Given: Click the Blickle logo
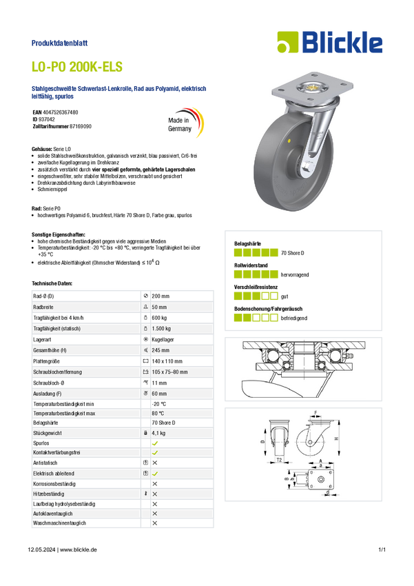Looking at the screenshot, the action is point(330,42).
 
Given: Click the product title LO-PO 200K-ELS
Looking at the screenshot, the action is point(77,66).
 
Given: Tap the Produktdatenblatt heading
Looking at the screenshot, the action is point(59,43).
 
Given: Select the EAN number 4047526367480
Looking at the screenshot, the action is point(61,112).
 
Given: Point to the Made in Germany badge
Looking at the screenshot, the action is point(185,123).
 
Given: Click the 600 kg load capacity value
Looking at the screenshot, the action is point(159,318).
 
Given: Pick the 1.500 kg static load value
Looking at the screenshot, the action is point(161,329).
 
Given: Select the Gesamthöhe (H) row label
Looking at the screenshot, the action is point(50,350).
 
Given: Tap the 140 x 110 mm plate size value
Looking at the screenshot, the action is point(167,361).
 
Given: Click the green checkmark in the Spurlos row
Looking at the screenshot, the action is point(155,443).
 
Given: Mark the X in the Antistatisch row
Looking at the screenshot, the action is point(155,463).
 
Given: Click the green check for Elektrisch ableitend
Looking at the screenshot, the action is point(155,474).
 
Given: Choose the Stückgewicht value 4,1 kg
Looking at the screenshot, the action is point(158,433).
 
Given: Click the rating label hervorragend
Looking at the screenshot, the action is point(295,274).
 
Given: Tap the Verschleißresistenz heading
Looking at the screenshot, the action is point(256,287).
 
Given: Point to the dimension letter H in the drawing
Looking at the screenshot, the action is point(337,438).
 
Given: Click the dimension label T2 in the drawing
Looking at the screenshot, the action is point(279,460).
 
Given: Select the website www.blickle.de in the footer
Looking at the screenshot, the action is point(79,549).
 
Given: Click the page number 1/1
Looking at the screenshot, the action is point(382,549).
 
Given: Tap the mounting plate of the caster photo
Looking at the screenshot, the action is point(312,88).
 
